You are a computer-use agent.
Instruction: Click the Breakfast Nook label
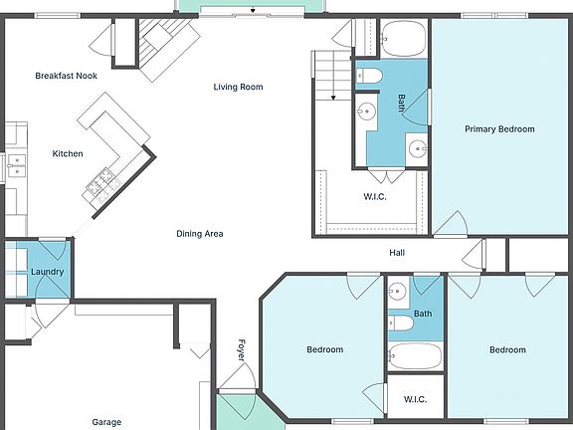(x=66, y=76)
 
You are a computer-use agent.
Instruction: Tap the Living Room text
(x=238, y=87)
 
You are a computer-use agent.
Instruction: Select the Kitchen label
(x=68, y=153)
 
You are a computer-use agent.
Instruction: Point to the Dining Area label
(x=200, y=234)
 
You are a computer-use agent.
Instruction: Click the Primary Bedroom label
(x=499, y=129)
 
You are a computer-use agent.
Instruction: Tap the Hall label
(x=397, y=253)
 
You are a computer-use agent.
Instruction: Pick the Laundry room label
(x=47, y=272)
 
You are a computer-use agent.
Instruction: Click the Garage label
(x=106, y=422)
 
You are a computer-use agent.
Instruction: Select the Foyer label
(x=242, y=350)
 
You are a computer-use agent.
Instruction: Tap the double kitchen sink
(x=17, y=165)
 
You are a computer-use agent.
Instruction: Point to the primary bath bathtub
(x=404, y=39)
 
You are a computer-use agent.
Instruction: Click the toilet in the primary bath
(x=369, y=76)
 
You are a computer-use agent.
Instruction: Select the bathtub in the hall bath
(x=415, y=356)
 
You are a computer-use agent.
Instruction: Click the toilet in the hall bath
(x=401, y=323)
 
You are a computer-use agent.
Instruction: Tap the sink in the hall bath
(x=398, y=292)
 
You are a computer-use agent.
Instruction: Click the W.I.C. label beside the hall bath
(x=415, y=399)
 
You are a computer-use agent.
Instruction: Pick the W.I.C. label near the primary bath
(x=375, y=197)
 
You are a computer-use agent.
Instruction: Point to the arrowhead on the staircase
(x=333, y=98)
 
